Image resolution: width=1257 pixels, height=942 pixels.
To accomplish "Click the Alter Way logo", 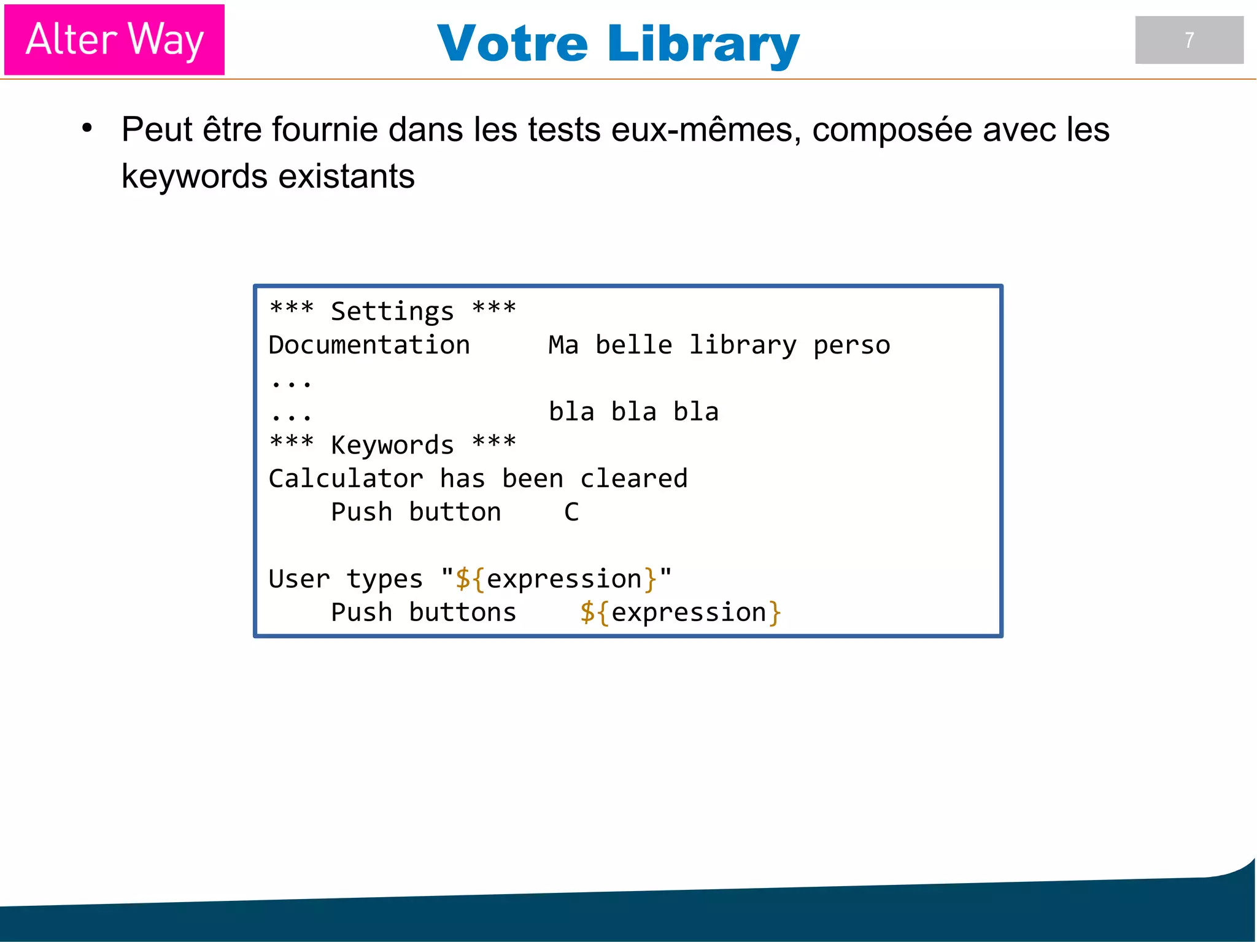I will [x=114, y=40].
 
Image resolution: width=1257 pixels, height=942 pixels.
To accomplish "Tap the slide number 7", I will [x=1189, y=41].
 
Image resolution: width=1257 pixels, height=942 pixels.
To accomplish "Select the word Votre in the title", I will [x=512, y=44].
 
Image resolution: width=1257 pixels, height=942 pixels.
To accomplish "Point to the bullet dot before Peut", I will [x=87, y=128].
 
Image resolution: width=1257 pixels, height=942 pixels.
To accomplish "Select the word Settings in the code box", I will [x=392, y=311].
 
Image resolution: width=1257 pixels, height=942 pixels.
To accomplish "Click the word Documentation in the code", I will [x=369, y=345].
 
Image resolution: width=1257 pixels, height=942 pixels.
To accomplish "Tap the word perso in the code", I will [x=851, y=345].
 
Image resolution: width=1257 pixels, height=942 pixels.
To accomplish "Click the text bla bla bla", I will [x=633, y=412].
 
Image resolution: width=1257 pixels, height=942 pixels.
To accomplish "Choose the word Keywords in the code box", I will [x=392, y=445].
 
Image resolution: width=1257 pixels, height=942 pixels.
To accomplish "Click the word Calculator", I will [x=346, y=479].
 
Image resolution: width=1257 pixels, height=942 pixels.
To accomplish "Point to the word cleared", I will [x=633, y=479].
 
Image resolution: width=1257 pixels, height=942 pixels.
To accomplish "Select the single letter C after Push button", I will [x=571, y=512].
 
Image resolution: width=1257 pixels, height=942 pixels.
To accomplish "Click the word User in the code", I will [x=299, y=579].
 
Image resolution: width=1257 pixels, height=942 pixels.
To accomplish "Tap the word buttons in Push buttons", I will [x=462, y=612].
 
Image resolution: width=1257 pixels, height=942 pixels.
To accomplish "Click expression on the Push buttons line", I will [x=688, y=612].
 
